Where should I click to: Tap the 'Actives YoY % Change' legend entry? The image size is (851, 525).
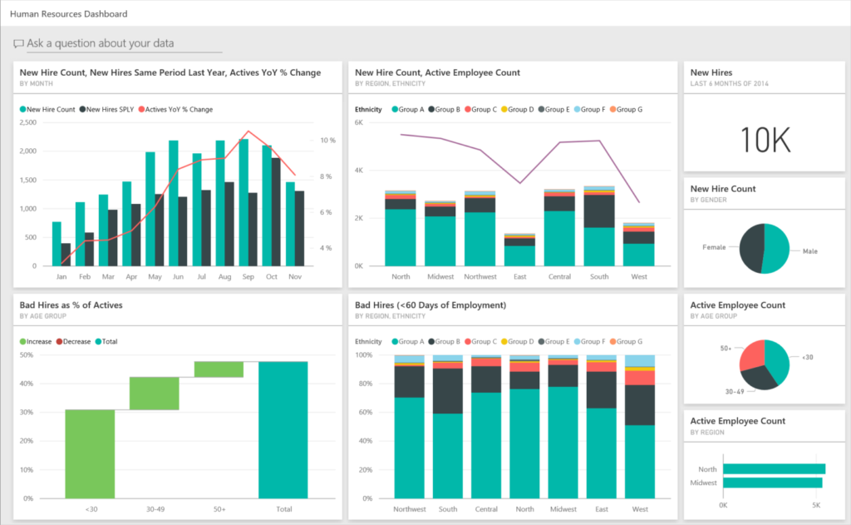(176, 109)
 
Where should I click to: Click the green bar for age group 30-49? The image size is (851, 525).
(154, 393)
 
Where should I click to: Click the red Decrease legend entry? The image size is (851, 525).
(74, 341)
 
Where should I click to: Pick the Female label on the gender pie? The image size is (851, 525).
(714, 247)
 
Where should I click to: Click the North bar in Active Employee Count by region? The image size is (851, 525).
(774, 468)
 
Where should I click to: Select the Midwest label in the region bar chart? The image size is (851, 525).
(704, 483)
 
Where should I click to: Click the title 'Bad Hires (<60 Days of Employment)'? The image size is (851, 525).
(430, 305)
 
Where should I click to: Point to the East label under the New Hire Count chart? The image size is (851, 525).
(519, 276)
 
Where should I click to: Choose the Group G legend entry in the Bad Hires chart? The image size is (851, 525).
(626, 341)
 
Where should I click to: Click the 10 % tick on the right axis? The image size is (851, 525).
(328, 141)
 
